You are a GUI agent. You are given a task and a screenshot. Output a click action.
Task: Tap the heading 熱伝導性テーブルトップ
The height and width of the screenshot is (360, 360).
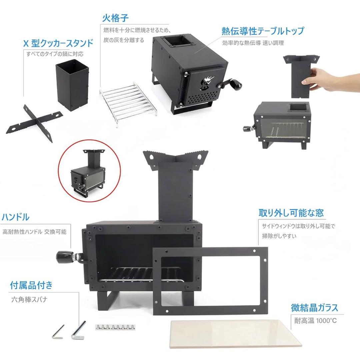pos(263,31)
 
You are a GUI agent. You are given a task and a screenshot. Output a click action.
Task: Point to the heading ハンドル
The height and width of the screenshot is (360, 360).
pos(16,218)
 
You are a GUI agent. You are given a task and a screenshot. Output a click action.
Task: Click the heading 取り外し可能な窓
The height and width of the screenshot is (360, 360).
pos(291,213)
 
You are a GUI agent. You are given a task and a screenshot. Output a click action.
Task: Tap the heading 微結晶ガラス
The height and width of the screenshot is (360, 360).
pos(314,308)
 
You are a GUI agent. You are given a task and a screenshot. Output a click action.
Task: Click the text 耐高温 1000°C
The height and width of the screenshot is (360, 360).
pos(315,321)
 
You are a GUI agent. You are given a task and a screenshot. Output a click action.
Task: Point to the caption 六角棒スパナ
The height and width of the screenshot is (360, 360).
pos(29,299)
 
